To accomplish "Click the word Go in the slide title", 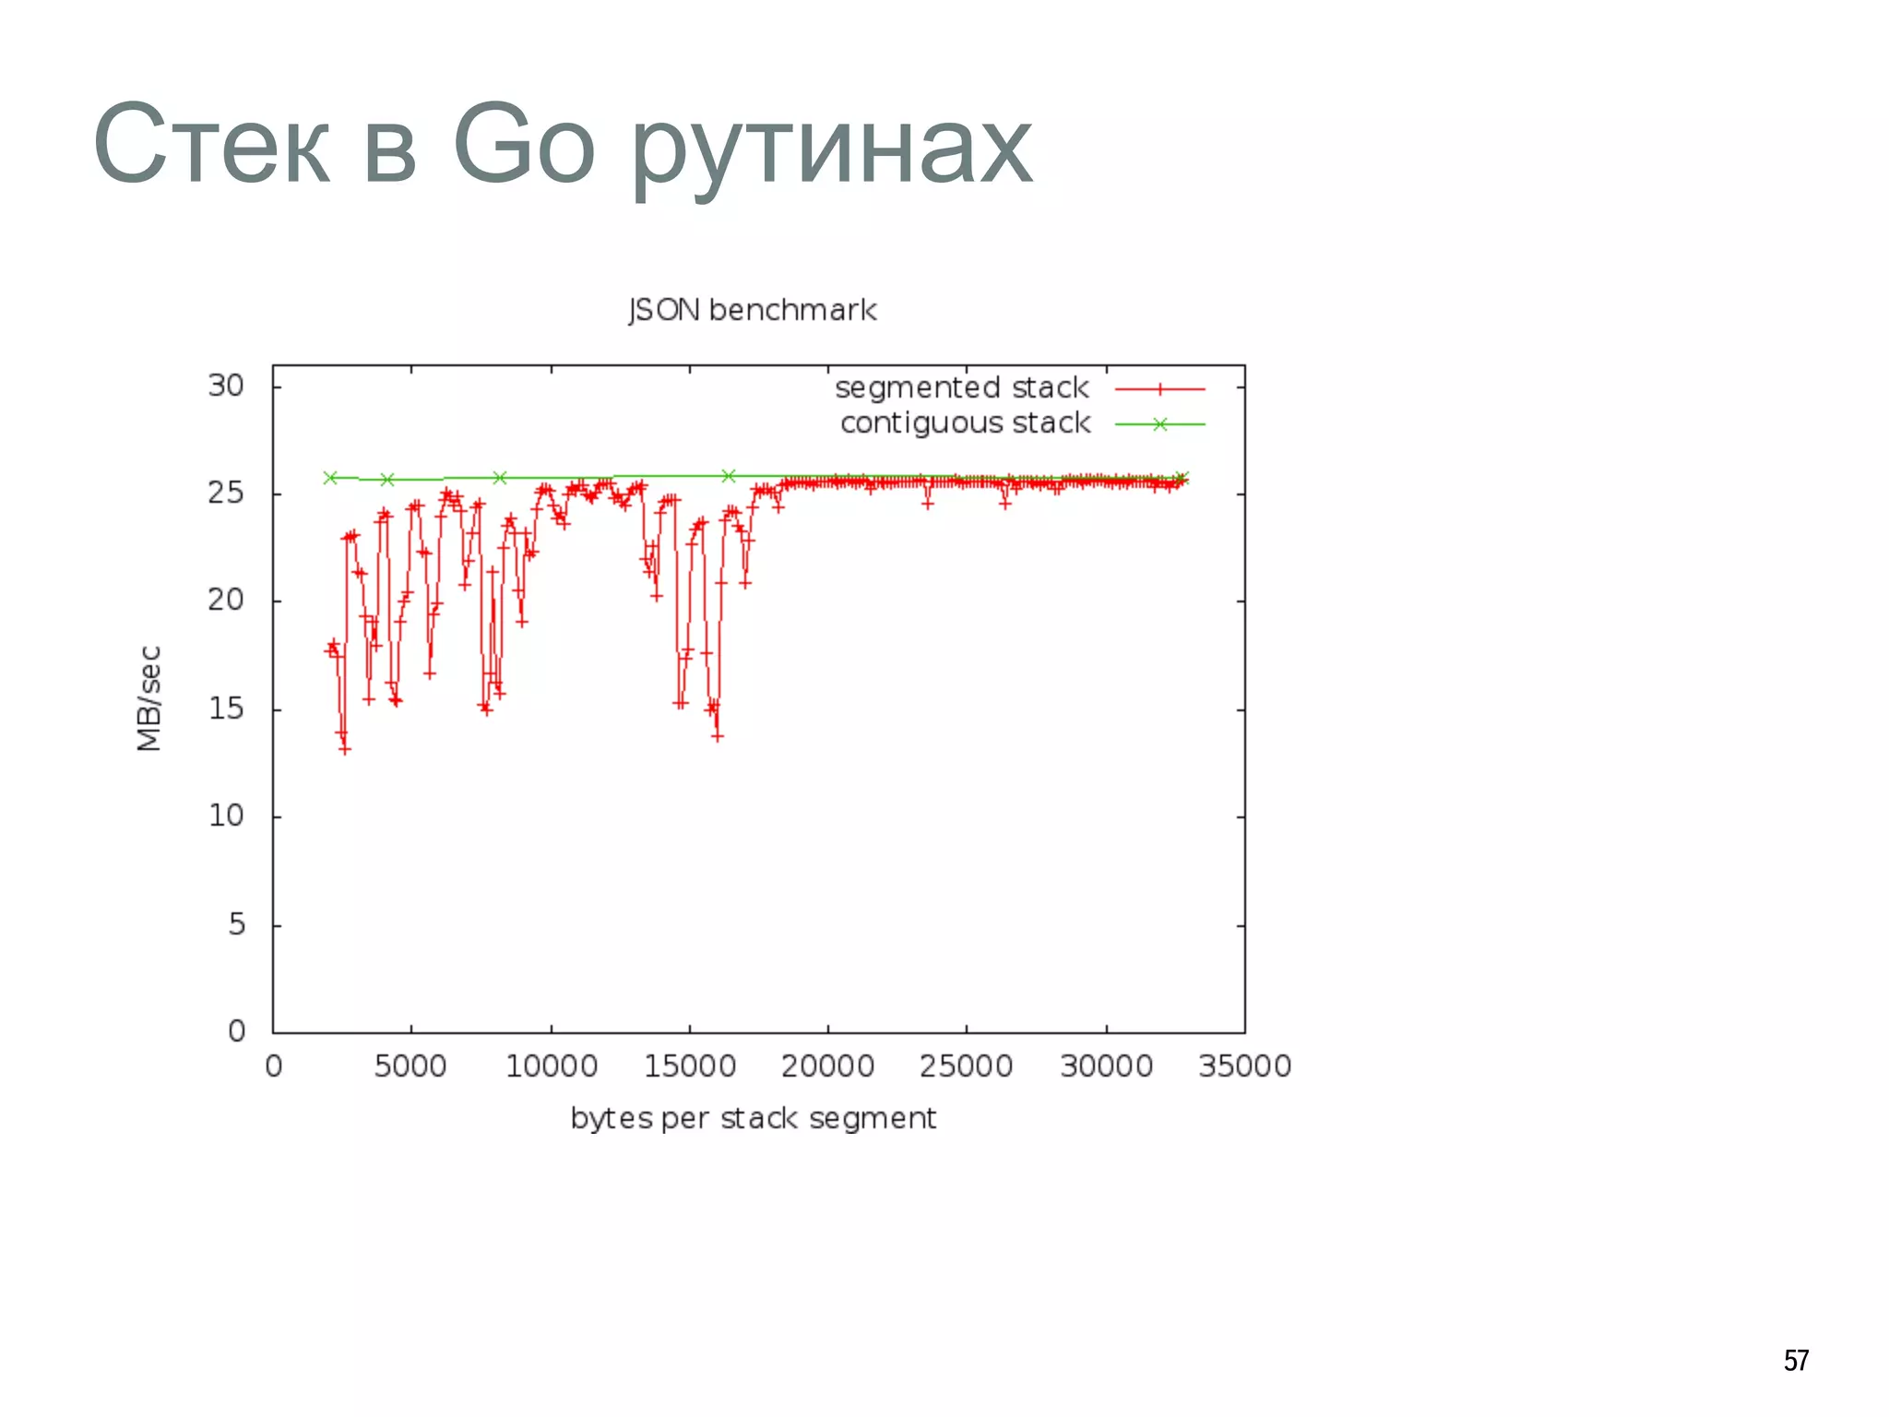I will tap(523, 146).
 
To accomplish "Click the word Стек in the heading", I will tap(211, 146).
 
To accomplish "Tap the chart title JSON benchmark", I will tap(752, 310).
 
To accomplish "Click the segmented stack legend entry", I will tap(962, 387).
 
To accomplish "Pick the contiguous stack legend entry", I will tap(965, 423).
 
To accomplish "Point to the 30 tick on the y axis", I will tap(226, 386).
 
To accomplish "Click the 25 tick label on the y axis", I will tap(226, 493).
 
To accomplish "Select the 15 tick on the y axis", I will tap(226, 708).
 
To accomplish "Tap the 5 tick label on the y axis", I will tap(236, 923).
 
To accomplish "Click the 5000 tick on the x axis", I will tap(410, 1066).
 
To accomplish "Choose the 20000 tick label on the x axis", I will tap(827, 1066).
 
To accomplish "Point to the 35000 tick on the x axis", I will tap(1244, 1066).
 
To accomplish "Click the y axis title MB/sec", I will tap(149, 698).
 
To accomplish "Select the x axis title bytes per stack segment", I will tap(753, 1118).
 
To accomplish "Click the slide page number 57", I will tap(1796, 1360).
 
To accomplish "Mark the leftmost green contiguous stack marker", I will tap(330, 478).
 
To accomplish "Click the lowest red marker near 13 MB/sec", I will tap(345, 749).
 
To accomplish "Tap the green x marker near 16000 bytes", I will tap(728, 476).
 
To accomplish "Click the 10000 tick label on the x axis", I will tap(552, 1066).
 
